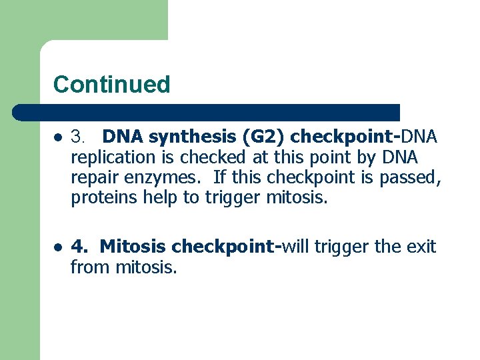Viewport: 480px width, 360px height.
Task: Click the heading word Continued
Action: point(111,85)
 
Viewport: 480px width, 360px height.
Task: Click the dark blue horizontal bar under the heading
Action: point(207,112)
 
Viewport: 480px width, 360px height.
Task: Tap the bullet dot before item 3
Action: point(58,138)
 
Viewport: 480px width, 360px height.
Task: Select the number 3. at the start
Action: point(79,137)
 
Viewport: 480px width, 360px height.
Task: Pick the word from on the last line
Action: point(91,269)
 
